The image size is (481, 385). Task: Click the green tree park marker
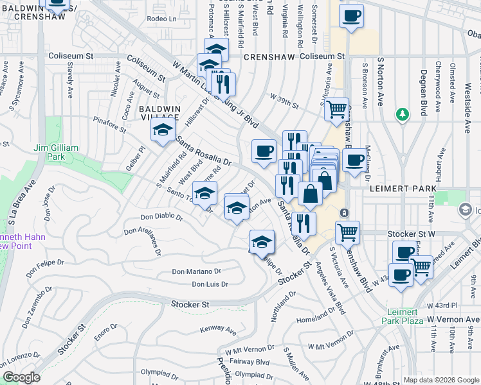pos(403,114)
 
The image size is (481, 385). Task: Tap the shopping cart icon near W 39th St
pos(336,110)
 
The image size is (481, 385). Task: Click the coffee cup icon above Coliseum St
pos(351,17)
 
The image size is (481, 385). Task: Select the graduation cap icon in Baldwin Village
pos(163,131)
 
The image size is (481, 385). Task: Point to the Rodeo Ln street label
pos(161,19)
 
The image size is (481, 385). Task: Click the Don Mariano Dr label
pos(196,271)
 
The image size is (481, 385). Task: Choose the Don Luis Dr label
pos(210,284)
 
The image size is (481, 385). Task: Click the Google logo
pos(22,377)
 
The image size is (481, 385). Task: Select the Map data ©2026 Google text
pos(441,380)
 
